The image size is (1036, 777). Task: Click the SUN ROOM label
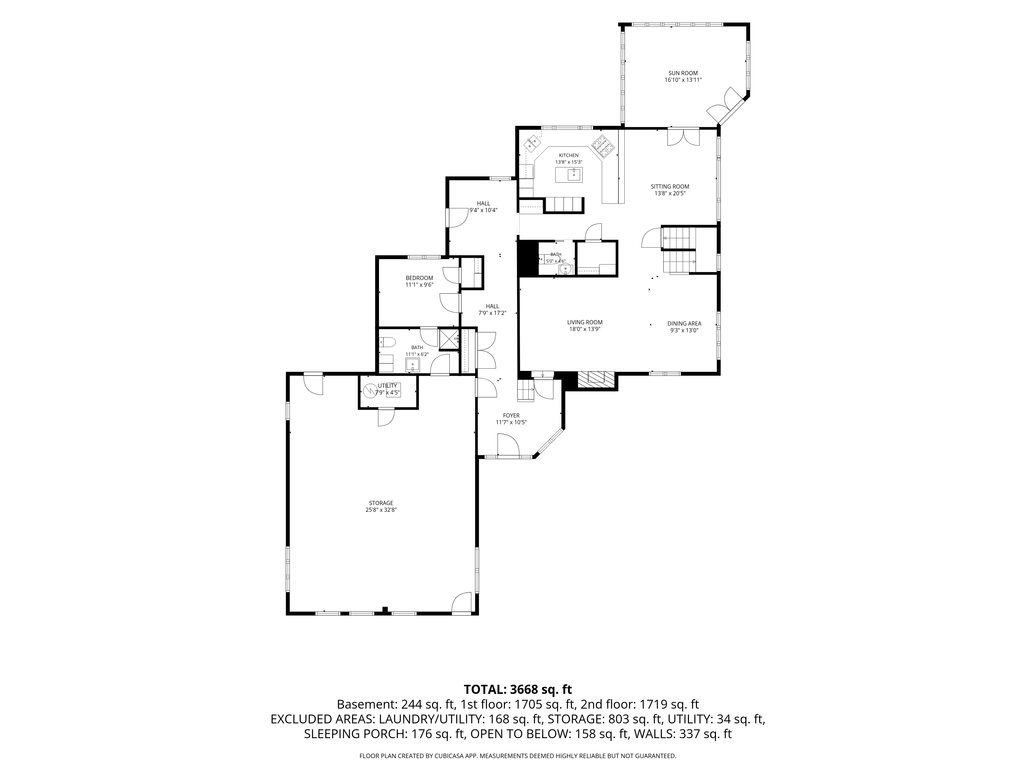(x=683, y=73)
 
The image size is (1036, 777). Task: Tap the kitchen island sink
(x=574, y=175)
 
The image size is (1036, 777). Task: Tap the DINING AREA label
(x=684, y=324)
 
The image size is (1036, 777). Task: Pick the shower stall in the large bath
(x=449, y=340)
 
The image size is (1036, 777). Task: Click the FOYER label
(x=512, y=415)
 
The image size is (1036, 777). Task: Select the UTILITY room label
(x=387, y=386)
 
